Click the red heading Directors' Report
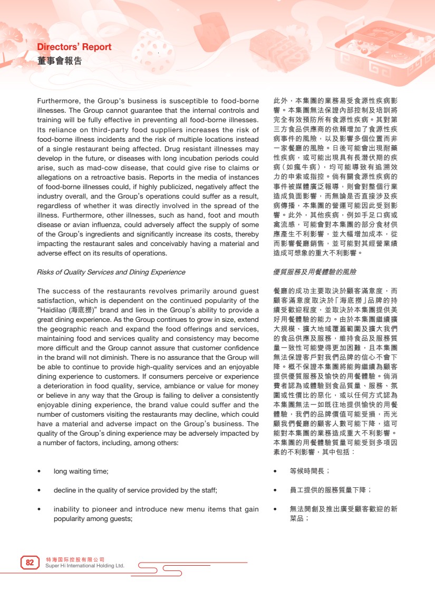coord(74,47)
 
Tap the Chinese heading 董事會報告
coord(60,61)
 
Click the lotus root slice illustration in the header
coord(152,51)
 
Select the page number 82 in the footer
coord(30,563)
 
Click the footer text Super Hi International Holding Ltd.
coord(85,566)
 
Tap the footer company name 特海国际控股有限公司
coord(75,559)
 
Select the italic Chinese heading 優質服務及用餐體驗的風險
coord(315,272)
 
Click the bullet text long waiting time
coord(81,471)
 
